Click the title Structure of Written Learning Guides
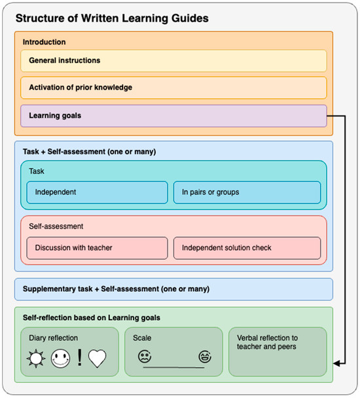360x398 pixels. pyautogui.click(x=111, y=18)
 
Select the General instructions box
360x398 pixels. pyautogui.click(x=173, y=60)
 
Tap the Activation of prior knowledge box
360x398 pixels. pyautogui.click(x=173, y=88)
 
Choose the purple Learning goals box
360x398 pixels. pyautogui.click(x=173, y=116)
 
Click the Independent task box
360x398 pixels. pyautogui.click(x=97, y=192)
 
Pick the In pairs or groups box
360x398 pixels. pyautogui.click(x=247, y=192)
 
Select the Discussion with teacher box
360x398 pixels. pyautogui.click(x=97, y=247)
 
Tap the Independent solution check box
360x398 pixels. pyautogui.click(x=247, y=247)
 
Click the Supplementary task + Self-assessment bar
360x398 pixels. pyautogui.click(x=173, y=289)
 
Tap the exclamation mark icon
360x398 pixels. pyautogui.click(x=79, y=359)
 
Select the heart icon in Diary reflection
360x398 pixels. pyautogui.click(x=98, y=358)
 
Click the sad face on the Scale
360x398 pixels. pyautogui.click(x=144, y=357)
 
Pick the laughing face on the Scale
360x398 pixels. pyautogui.click(x=204, y=357)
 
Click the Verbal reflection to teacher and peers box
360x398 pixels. pyautogui.click(x=277, y=352)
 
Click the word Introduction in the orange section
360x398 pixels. pyautogui.click(x=44, y=42)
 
